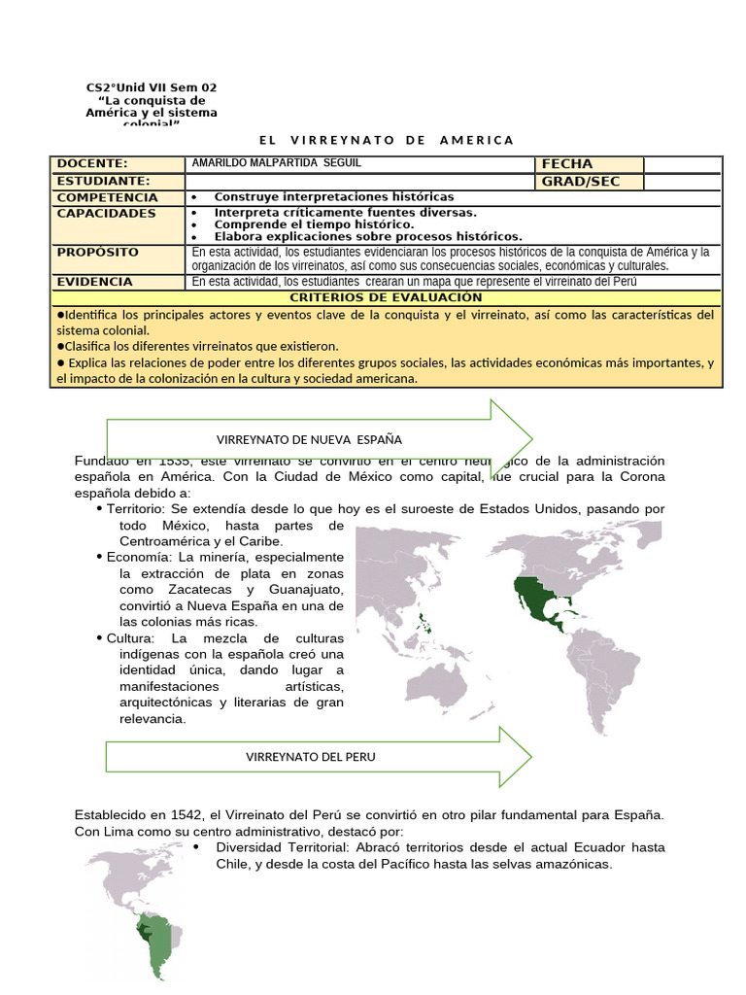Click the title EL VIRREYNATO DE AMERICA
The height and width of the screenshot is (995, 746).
(x=387, y=141)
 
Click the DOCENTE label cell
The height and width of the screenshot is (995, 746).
(x=92, y=164)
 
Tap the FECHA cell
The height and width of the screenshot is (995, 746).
(x=567, y=164)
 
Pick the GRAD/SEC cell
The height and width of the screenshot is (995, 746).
(x=580, y=182)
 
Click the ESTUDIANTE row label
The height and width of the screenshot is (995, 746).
(x=103, y=182)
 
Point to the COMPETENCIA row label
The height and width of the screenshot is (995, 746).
(x=107, y=197)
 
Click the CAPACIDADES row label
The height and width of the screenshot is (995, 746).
(x=106, y=213)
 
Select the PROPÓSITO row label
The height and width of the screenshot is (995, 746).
(x=97, y=253)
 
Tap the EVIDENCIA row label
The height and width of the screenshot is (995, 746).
(x=94, y=282)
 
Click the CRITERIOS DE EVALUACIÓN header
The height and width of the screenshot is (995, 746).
(x=387, y=297)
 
